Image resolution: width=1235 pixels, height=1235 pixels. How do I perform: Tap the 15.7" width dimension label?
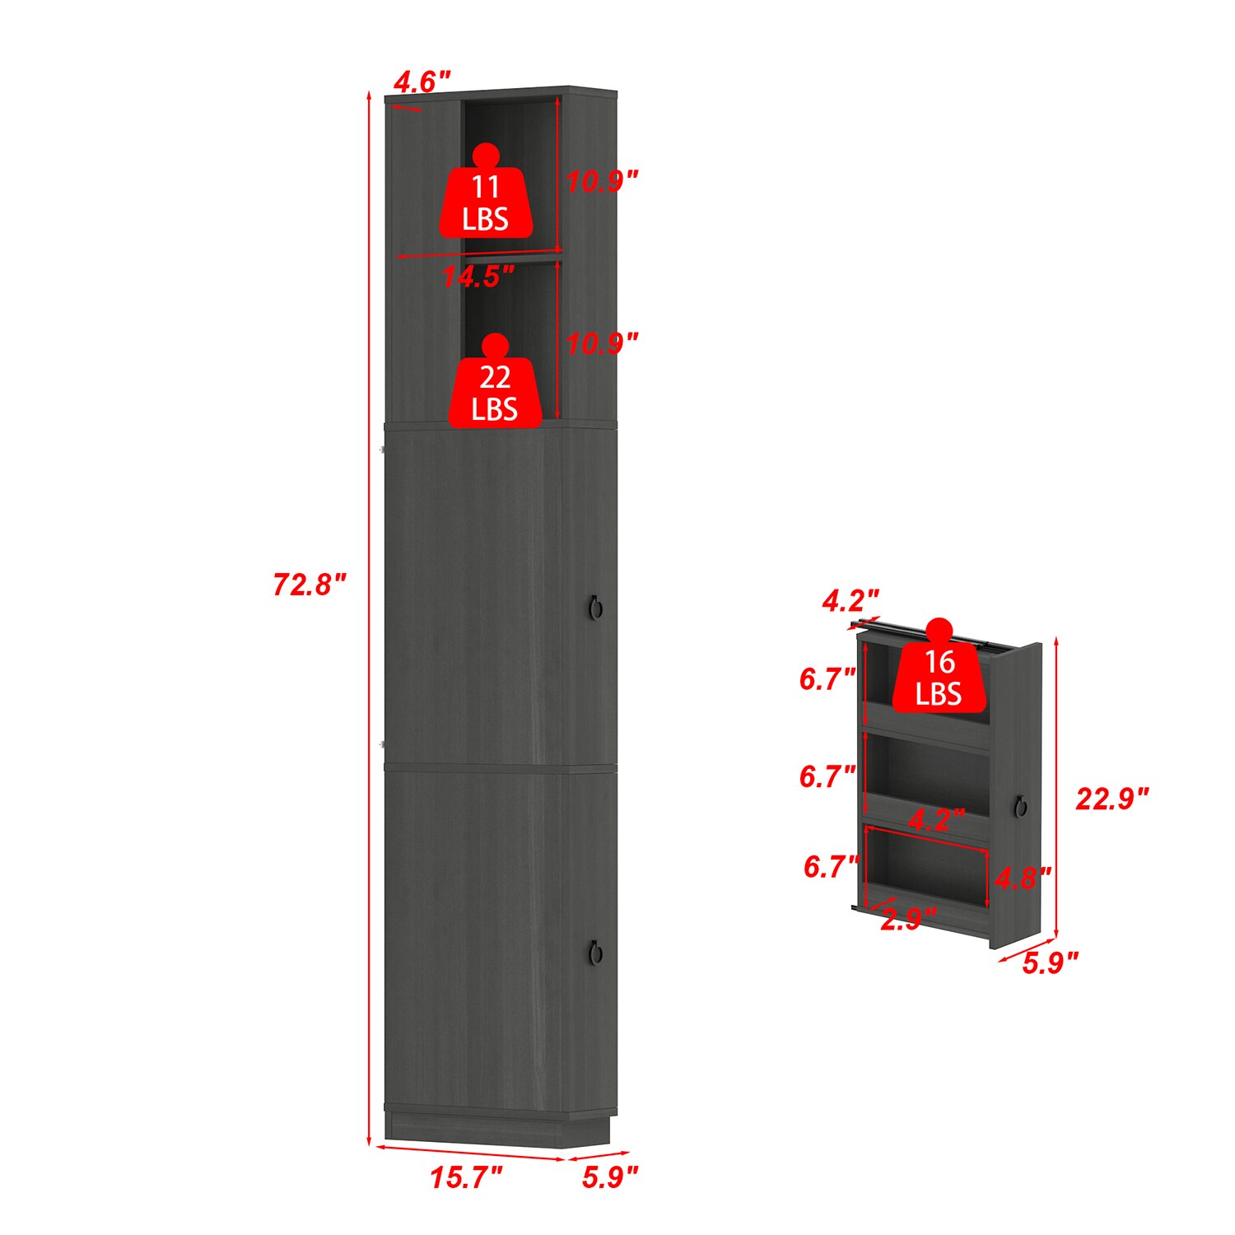pos(466,1177)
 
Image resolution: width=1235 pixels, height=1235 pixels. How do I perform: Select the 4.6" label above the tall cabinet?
pos(422,82)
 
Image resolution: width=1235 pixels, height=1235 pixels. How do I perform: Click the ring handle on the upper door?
pos(596,608)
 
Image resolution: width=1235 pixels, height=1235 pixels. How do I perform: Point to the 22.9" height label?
pos(1111,799)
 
